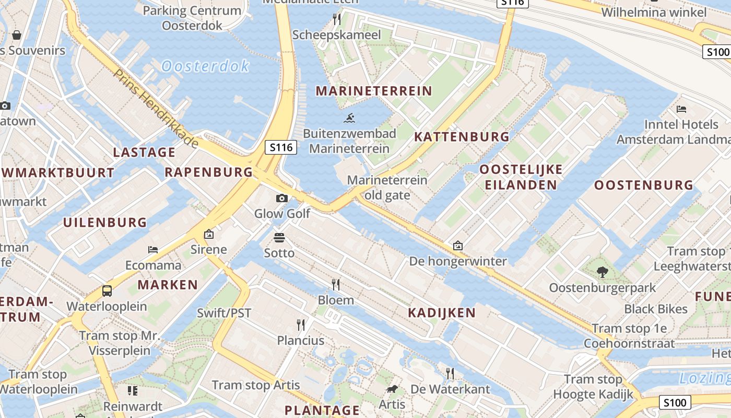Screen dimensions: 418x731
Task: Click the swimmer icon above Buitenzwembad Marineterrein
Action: tap(349, 118)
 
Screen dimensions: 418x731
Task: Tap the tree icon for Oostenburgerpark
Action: tap(602, 272)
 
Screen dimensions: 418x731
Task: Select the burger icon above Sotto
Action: tap(279, 238)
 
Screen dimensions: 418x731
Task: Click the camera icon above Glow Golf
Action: tap(282, 198)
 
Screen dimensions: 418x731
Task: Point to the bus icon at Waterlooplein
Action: tap(107, 291)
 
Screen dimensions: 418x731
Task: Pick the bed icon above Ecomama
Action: tap(153, 249)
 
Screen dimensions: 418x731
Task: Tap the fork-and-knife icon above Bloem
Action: tap(336, 284)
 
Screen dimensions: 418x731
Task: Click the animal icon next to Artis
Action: tap(392, 389)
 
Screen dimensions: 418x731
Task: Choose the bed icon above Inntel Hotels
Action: tap(681, 109)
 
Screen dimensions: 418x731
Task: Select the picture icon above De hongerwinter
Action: tap(458, 245)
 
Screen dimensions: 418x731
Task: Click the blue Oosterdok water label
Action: tap(205, 66)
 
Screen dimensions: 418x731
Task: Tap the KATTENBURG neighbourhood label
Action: tap(462, 137)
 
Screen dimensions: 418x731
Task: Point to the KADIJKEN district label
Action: tap(442, 313)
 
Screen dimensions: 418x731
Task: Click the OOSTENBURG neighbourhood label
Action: tap(644, 185)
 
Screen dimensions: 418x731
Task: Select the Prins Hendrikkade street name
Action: tap(156, 108)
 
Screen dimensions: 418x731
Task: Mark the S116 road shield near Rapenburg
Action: tap(281, 148)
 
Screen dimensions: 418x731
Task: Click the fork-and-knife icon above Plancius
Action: tap(301, 325)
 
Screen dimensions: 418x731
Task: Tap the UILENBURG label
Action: tap(105, 223)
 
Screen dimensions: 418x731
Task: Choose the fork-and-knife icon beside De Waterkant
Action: tap(450, 373)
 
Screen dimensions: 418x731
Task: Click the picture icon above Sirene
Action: tap(209, 234)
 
